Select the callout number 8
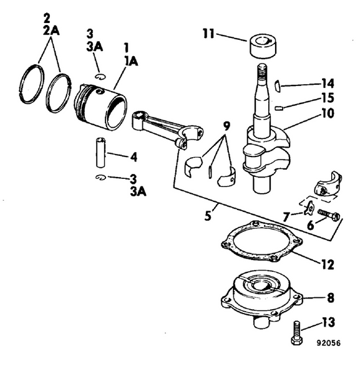(x=330, y=297)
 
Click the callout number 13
(x=328, y=322)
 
